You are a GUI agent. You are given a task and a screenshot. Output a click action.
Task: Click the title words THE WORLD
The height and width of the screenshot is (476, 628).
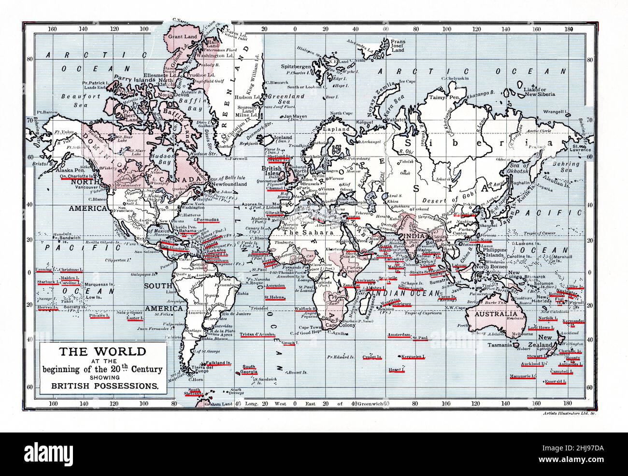coord(102,351)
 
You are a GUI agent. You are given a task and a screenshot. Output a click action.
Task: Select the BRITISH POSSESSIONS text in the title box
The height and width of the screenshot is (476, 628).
coord(101,386)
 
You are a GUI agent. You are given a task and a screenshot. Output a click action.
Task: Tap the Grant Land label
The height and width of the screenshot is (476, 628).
coord(183,37)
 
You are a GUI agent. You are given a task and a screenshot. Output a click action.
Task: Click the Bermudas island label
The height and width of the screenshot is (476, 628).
coord(205,220)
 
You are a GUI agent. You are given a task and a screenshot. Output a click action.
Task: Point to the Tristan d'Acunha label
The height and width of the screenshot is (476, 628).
coord(257,334)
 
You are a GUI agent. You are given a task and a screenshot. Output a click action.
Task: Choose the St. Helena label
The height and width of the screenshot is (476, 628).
coord(274,297)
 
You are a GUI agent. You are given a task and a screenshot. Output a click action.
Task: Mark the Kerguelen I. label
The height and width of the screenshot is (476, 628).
coord(413,357)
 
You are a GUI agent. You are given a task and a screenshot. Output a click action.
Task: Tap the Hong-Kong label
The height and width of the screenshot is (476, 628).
coord(480,240)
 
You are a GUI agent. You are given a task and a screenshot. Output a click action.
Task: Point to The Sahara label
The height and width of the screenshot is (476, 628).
coord(302,232)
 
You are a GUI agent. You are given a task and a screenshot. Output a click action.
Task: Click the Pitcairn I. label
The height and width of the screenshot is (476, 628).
coord(100,316)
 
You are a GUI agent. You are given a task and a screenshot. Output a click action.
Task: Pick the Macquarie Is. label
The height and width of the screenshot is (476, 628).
coord(522,376)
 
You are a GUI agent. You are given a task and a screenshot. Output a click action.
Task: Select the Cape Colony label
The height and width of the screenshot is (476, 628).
coord(340,325)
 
